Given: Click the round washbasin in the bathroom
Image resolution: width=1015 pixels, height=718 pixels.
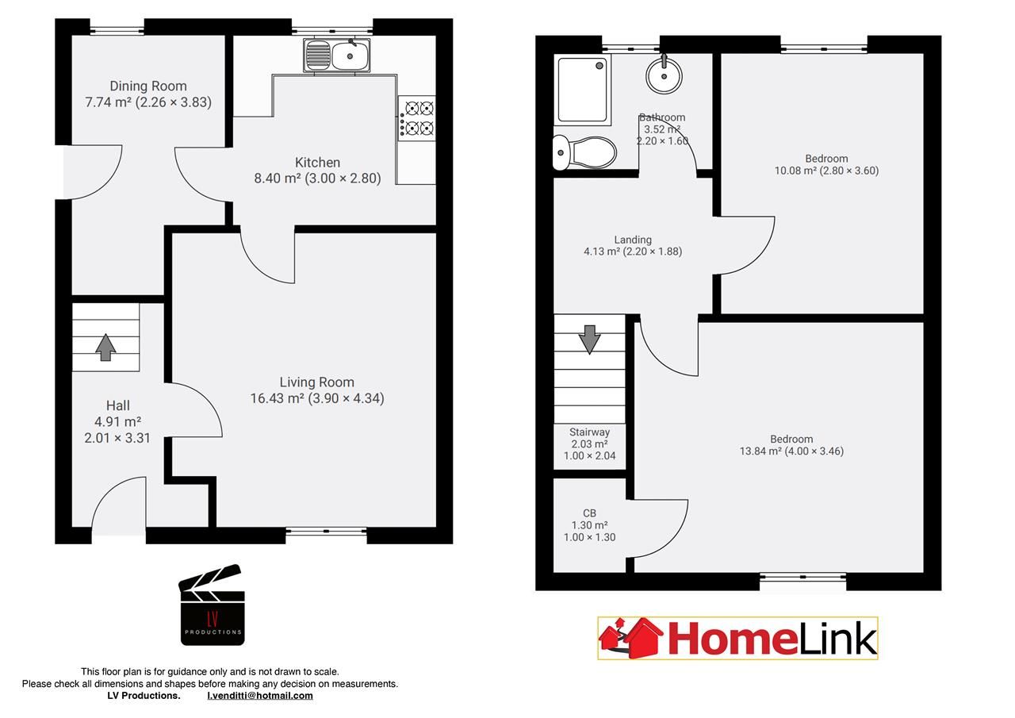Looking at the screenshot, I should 665,76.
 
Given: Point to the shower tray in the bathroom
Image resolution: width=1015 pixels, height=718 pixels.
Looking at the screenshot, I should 583,90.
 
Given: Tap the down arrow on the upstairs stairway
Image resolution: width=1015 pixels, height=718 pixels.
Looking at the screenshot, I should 589,339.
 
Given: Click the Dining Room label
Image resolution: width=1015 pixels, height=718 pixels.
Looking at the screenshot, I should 148,86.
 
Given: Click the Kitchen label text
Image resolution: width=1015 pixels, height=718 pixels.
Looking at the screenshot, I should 317,163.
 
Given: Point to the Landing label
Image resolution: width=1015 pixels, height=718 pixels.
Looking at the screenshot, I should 633,240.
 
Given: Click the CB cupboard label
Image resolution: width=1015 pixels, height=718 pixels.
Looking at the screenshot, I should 589,513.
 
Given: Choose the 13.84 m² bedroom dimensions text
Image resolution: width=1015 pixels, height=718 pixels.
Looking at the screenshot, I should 791,451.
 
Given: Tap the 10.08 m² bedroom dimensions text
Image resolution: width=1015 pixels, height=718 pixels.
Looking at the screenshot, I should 826,171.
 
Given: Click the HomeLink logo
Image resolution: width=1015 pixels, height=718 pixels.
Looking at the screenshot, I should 737,639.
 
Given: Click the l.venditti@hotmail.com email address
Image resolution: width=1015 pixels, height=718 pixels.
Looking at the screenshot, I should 260,696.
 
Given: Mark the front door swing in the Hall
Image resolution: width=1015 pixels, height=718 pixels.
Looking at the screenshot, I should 119,508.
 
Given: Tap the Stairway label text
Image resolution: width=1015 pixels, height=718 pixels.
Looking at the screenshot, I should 589,432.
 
